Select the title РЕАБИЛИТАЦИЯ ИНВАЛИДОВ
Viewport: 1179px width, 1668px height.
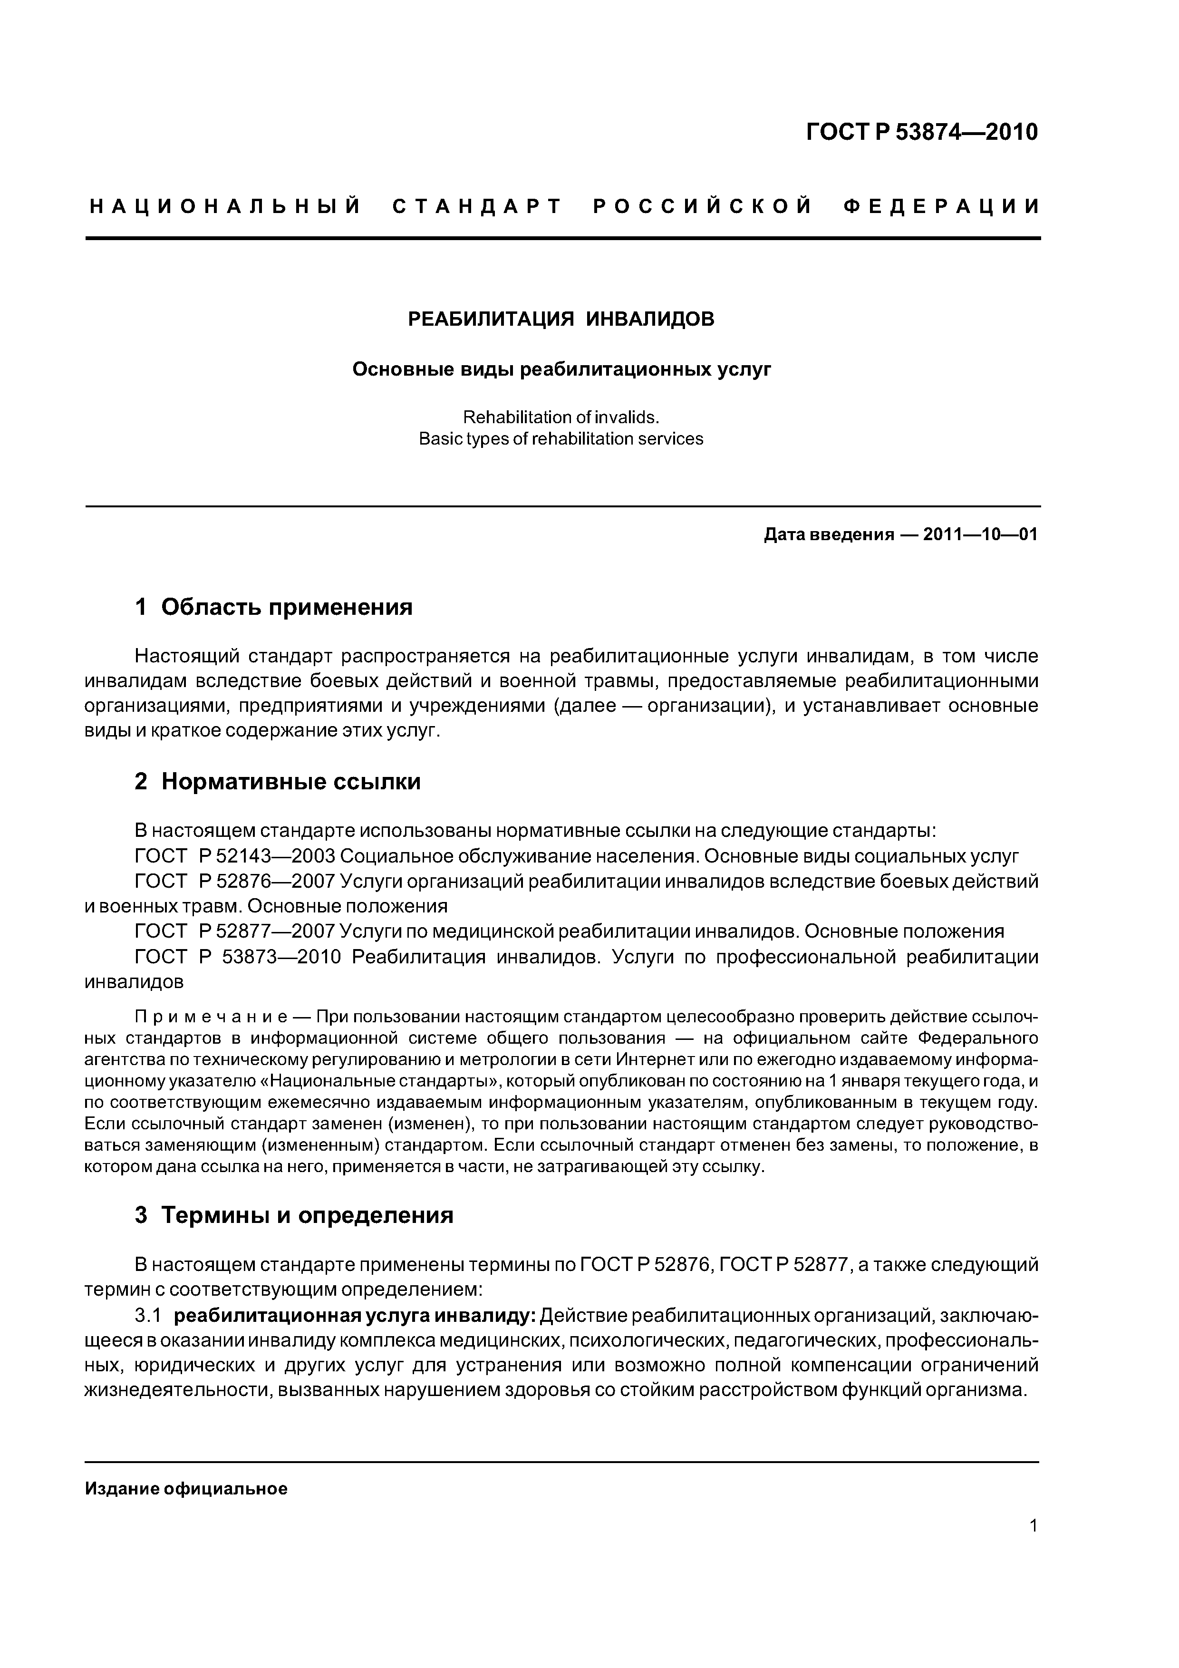click(x=561, y=319)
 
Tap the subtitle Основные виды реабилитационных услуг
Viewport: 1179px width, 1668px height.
click(x=561, y=370)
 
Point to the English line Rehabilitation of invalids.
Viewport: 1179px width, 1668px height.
click(x=561, y=417)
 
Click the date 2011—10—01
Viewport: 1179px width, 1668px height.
click(x=980, y=535)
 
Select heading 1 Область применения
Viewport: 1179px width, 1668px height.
click(x=273, y=607)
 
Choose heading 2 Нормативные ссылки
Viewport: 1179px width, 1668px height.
click(x=278, y=782)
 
